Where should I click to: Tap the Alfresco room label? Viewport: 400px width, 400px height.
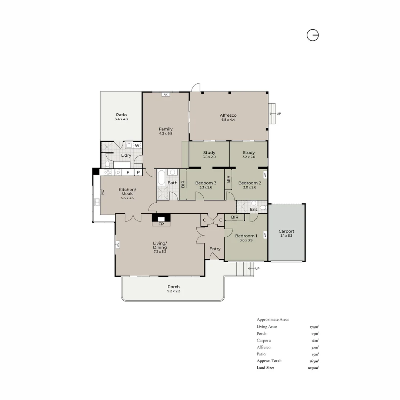[228, 115]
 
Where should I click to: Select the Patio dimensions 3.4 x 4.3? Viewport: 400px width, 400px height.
[121, 119]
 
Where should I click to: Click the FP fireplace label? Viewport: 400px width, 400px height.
[161, 224]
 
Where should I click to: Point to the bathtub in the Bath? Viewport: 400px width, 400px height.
[161, 177]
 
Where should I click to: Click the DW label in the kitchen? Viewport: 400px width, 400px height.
[103, 192]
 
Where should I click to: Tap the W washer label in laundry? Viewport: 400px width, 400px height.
[137, 146]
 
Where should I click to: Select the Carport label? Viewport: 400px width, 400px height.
[286, 231]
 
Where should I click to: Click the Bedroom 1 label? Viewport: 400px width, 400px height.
[246, 236]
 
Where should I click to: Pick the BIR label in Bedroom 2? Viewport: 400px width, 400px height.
[228, 179]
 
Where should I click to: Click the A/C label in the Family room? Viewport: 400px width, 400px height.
[166, 95]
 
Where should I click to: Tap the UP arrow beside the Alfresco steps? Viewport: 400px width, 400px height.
[273, 114]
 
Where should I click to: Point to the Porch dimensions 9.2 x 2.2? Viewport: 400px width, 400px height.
[174, 291]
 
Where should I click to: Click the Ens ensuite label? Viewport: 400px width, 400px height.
[254, 209]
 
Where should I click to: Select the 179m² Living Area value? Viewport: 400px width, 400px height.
[314, 327]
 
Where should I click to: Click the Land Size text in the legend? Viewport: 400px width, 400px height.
[265, 368]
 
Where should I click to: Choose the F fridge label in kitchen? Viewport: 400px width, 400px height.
[128, 173]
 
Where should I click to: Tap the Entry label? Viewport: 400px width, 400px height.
[215, 249]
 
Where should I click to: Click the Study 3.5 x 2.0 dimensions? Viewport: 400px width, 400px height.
[209, 157]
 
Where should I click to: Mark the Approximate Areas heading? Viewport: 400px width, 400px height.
[273, 319]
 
